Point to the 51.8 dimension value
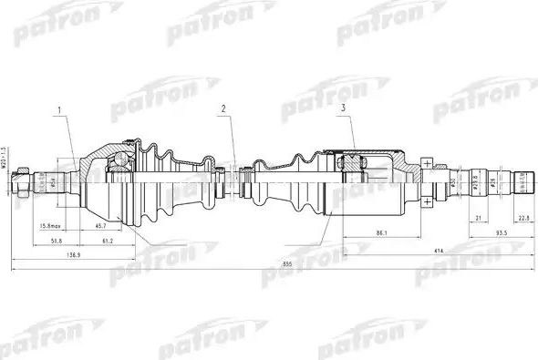click(x=56, y=242)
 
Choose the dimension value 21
click(x=478, y=217)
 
